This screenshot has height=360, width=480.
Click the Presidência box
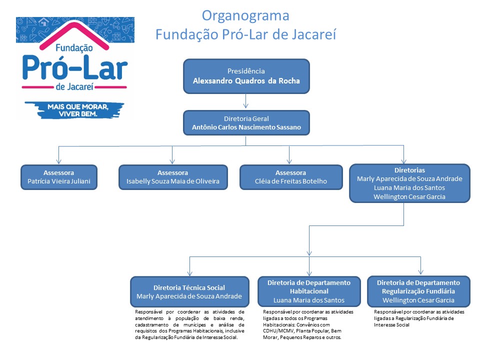pyautogui.click(x=246, y=76)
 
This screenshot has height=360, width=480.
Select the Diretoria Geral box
pyautogui.click(x=246, y=123)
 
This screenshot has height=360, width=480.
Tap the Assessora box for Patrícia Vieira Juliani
pyautogui.click(x=59, y=177)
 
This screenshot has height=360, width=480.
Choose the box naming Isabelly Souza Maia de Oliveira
pyautogui.click(x=172, y=177)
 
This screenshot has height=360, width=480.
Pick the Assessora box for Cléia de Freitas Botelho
pyautogui.click(x=290, y=177)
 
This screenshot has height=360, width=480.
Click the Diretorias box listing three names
pyautogui.click(x=409, y=183)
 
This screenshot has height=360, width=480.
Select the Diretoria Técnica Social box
pyautogui.click(x=189, y=291)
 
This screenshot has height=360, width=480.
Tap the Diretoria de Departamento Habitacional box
pyautogui.click(x=309, y=291)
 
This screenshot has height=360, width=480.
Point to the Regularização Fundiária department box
pyautogui.click(x=418, y=291)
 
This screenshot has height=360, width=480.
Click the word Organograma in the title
pyautogui.click(x=245, y=15)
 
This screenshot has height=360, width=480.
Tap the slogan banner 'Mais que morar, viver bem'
pyautogui.click(x=75, y=110)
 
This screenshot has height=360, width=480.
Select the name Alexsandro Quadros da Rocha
pyautogui.click(x=246, y=81)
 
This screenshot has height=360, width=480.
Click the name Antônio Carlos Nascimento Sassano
pyautogui.click(x=246, y=127)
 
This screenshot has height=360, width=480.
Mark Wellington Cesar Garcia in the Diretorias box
pyautogui.click(x=409, y=196)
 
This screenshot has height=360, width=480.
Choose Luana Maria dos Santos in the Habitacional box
pyautogui.click(x=309, y=300)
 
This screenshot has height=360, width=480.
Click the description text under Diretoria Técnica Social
pyautogui.click(x=189, y=324)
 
